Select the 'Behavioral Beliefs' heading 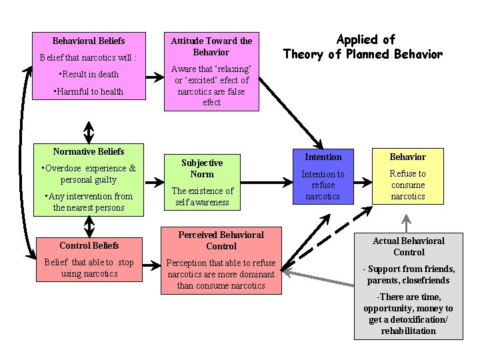89,41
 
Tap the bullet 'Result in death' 89,74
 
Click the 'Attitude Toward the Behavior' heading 211,46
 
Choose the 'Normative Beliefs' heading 89,151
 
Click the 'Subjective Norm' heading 202,168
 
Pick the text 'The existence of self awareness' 202,196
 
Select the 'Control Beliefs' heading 89,245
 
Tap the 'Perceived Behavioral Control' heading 221,240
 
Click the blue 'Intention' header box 323,157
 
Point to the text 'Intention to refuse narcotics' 323,185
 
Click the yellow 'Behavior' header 408,157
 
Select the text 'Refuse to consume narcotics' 408,185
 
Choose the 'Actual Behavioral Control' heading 409,246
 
